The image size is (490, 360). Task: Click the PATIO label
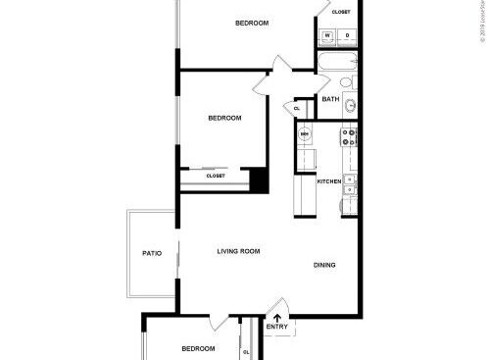(151, 253)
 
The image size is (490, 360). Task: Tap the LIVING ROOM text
(238, 252)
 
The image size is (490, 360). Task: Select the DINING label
(325, 266)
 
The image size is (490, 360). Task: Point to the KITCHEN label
(329, 181)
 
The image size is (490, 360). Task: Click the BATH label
(330, 99)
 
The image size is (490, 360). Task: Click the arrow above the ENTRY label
(277, 317)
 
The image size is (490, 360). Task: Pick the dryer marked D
(348, 36)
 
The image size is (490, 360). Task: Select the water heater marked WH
(305, 134)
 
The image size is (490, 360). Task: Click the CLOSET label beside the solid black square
(216, 176)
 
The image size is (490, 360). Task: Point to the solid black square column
(259, 180)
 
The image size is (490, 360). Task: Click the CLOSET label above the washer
(341, 12)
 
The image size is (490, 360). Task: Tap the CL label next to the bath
(297, 108)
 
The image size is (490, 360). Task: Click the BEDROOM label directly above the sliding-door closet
(224, 119)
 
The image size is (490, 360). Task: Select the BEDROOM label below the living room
(198, 348)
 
